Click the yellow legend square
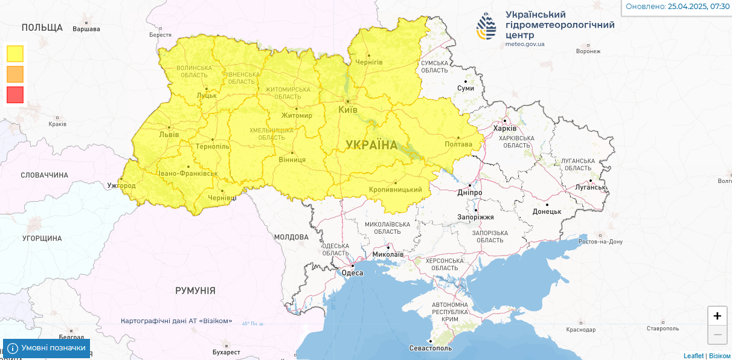(15, 54)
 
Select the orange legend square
(15, 74)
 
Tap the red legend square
(15, 95)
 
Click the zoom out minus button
(717, 335)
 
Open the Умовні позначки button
(47, 349)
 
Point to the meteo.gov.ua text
(524, 44)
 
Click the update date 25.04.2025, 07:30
(698, 7)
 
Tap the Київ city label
(348, 110)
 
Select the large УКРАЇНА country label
(371, 145)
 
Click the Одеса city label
(353, 273)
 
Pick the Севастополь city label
(431, 349)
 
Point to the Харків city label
(505, 129)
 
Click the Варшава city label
(86, 29)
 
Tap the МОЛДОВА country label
(291, 237)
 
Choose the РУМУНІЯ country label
(195, 291)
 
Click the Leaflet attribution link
(693, 356)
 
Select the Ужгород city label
(121, 185)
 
